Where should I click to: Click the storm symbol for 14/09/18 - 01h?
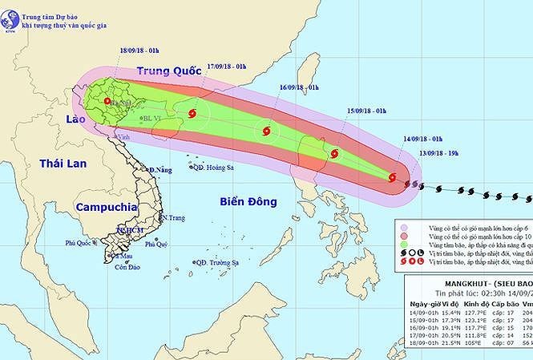pyautogui.click(x=393, y=178)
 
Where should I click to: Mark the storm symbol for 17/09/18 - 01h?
pyautogui.click(x=191, y=116)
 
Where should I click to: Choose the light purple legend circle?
pyautogui.click(x=406, y=228)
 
